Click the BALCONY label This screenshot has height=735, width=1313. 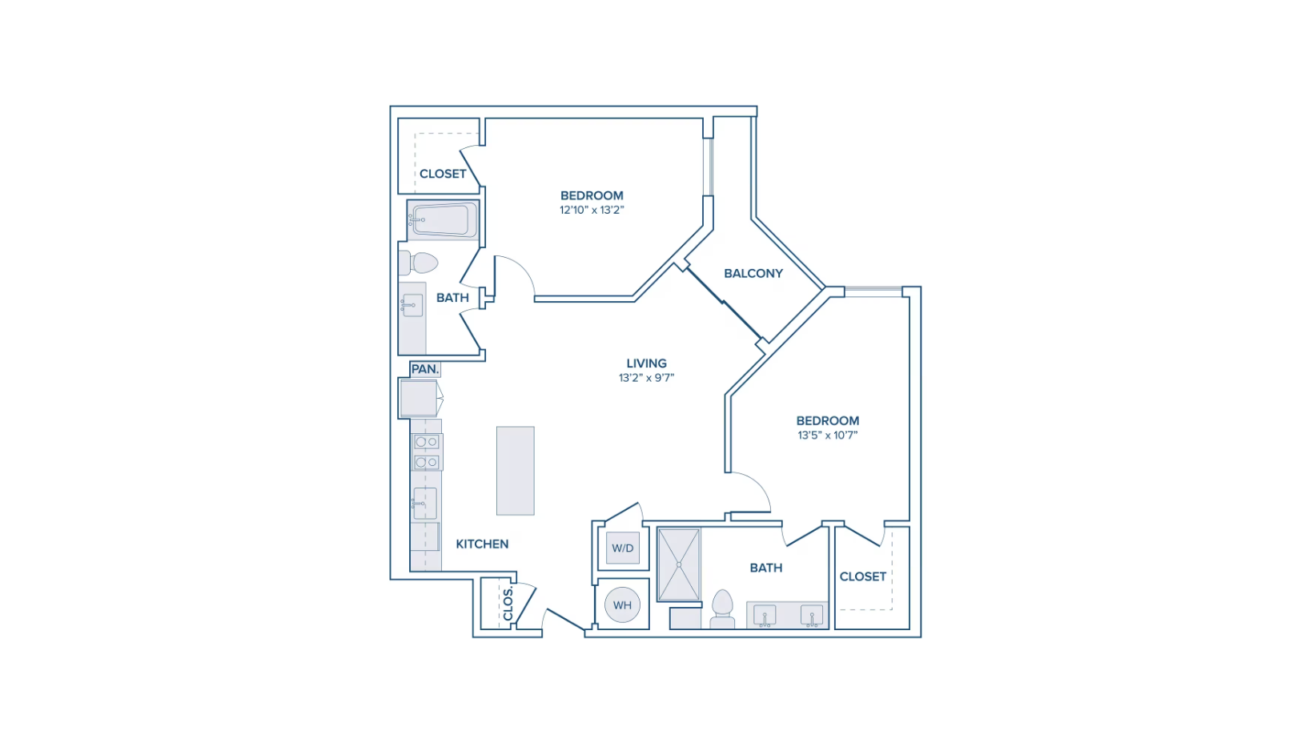click(753, 273)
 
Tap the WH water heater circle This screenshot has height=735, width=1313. click(623, 604)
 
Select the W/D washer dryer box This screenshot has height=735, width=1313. click(623, 548)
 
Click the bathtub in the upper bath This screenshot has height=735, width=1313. click(444, 220)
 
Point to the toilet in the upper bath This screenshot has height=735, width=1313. click(419, 263)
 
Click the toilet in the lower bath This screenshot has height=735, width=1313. click(722, 609)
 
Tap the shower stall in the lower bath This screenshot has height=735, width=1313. click(679, 565)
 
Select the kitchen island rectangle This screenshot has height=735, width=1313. click(516, 471)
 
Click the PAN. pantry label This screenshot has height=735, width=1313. click(425, 369)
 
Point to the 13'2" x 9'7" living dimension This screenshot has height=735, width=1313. click(647, 378)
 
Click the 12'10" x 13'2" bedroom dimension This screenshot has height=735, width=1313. click(592, 210)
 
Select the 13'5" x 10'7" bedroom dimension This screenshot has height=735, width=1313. click(828, 435)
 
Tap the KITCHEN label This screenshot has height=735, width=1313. click(483, 544)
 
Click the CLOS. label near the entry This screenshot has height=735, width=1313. click(508, 603)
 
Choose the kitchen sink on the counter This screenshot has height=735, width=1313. click(425, 504)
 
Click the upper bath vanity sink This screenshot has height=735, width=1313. click(412, 305)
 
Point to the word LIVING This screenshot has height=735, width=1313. click(647, 363)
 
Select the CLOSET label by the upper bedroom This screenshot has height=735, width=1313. click(443, 174)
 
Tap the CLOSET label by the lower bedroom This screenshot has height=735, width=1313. click(863, 576)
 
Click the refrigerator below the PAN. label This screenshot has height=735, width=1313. click(419, 399)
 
